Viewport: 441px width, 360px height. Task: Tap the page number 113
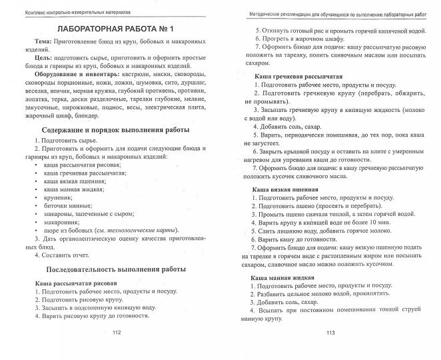[329, 351]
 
